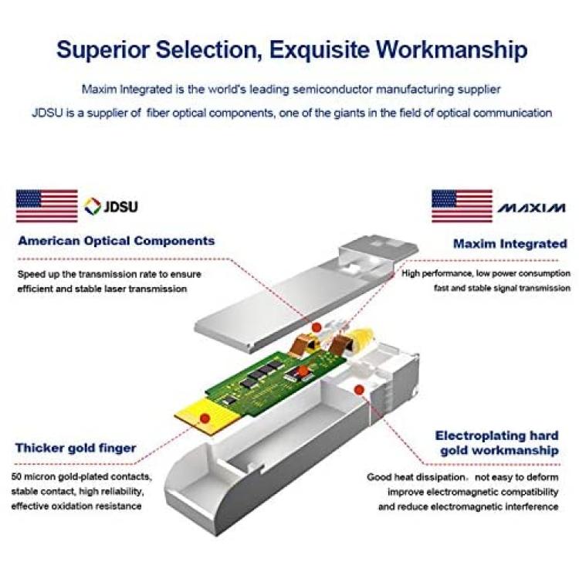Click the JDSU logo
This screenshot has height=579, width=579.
pos(110,206)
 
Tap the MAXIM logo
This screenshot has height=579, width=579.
pos(531,208)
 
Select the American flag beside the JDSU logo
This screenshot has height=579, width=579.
pos(47,206)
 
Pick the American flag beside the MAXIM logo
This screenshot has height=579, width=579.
pos(462,206)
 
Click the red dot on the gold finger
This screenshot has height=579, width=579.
pos(205,418)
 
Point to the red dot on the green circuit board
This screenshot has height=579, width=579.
pos(302,371)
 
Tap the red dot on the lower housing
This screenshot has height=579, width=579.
pos(359,389)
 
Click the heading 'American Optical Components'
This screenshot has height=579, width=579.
pos(117,241)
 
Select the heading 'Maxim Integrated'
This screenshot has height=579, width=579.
pos(510,244)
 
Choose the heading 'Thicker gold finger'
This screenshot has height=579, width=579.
pos(76,448)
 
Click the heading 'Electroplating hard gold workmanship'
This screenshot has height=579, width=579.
pos(497,443)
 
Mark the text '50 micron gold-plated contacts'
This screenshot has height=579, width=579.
pos(81,477)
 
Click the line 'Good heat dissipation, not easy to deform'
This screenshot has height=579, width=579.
pos(462,477)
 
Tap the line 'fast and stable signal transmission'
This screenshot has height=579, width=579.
pos(503,288)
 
